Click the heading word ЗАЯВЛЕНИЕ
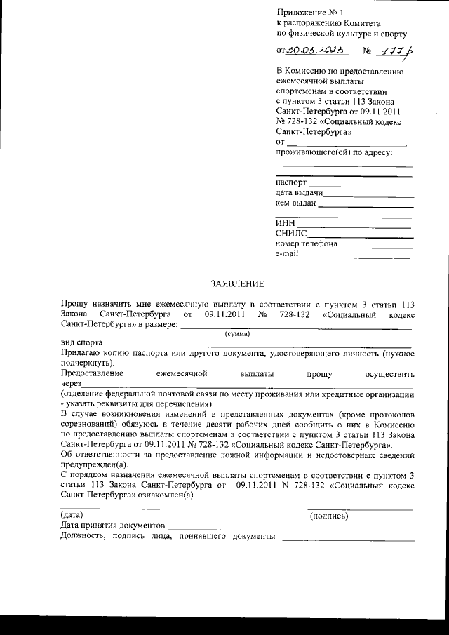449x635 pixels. tap(238, 284)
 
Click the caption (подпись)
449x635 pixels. tap(329, 516)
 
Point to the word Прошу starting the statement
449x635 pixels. tap(75, 305)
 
